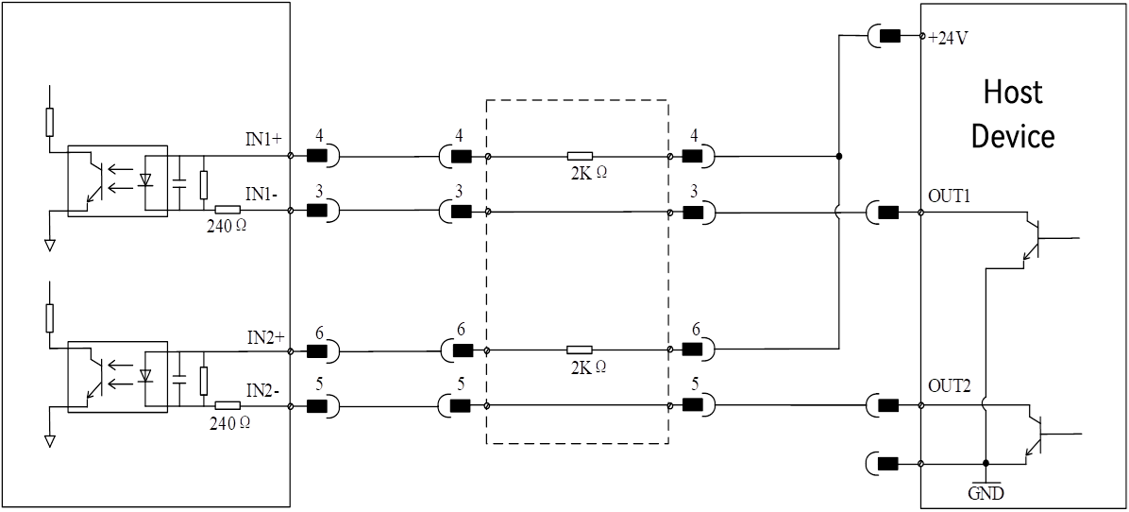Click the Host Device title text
tap(1013, 113)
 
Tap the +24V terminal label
tap(948, 38)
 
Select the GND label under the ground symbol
tap(986, 494)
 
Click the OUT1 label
tap(950, 196)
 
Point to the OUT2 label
tap(950, 386)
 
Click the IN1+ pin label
tap(263, 140)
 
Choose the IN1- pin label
tap(261, 194)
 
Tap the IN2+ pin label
tap(266, 336)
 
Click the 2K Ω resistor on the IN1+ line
tap(580, 156)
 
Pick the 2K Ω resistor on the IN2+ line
tap(580, 350)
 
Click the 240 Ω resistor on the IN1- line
tap(227, 210)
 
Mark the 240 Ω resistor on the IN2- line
tap(227, 405)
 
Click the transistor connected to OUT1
tap(1034, 238)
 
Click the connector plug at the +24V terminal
tap(885, 36)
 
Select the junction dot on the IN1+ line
tap(839, 156)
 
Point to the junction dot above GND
tap(986, 462)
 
